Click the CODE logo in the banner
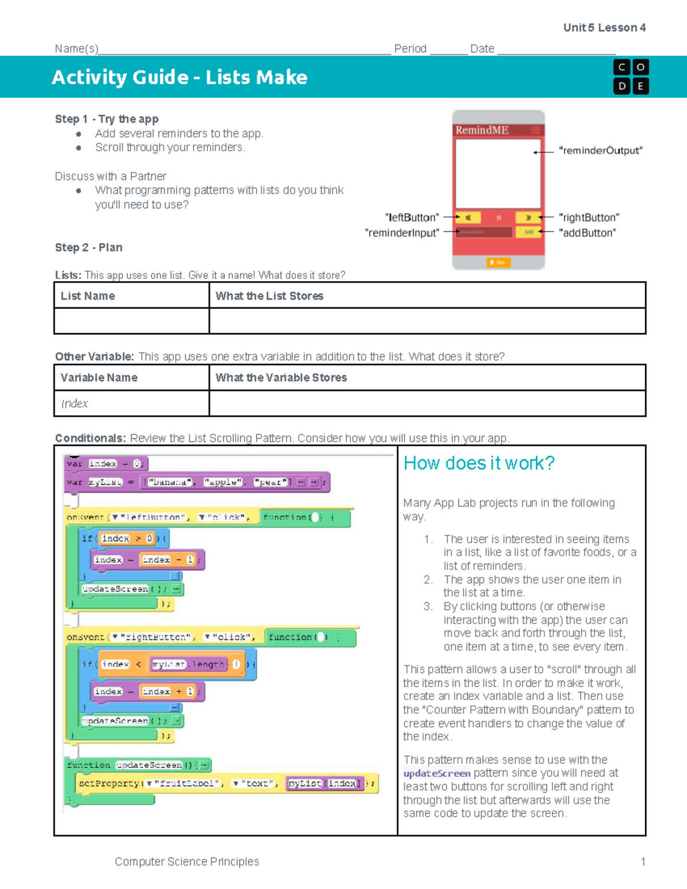pyautogui.click(x=630, y=77)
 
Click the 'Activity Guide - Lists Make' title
pyautogui.click(x=179, y=77)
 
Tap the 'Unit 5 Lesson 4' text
pyautogui.click(x=604, y=27)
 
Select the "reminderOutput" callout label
pyautogui.click(x=601, y=151)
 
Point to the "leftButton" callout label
pyautogui.click(x=412, y=218)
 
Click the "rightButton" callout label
pyautogui.click(x=589, y=218)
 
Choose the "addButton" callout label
pyautogui.click(x=587, y=233)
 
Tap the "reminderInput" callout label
pyautogui.click(x=402, y=233)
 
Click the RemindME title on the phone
pyautogui.click(x=481, y=130)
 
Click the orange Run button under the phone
pyautogui.click(x=498, y=262)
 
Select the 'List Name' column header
pyautogui.click(x=88, y=296)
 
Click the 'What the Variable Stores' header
pyautogui.click(x=281, y=378)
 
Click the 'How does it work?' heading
pyautogui.click(x=479, y=463)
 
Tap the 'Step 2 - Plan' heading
pyautogui.click(x=89, y=247)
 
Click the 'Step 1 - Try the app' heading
pyautogui.click(x=106, y=119)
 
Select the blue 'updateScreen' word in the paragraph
pyautogui.click(x=437, y=773)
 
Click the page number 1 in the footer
pyautogui.click(x=643, y=862)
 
